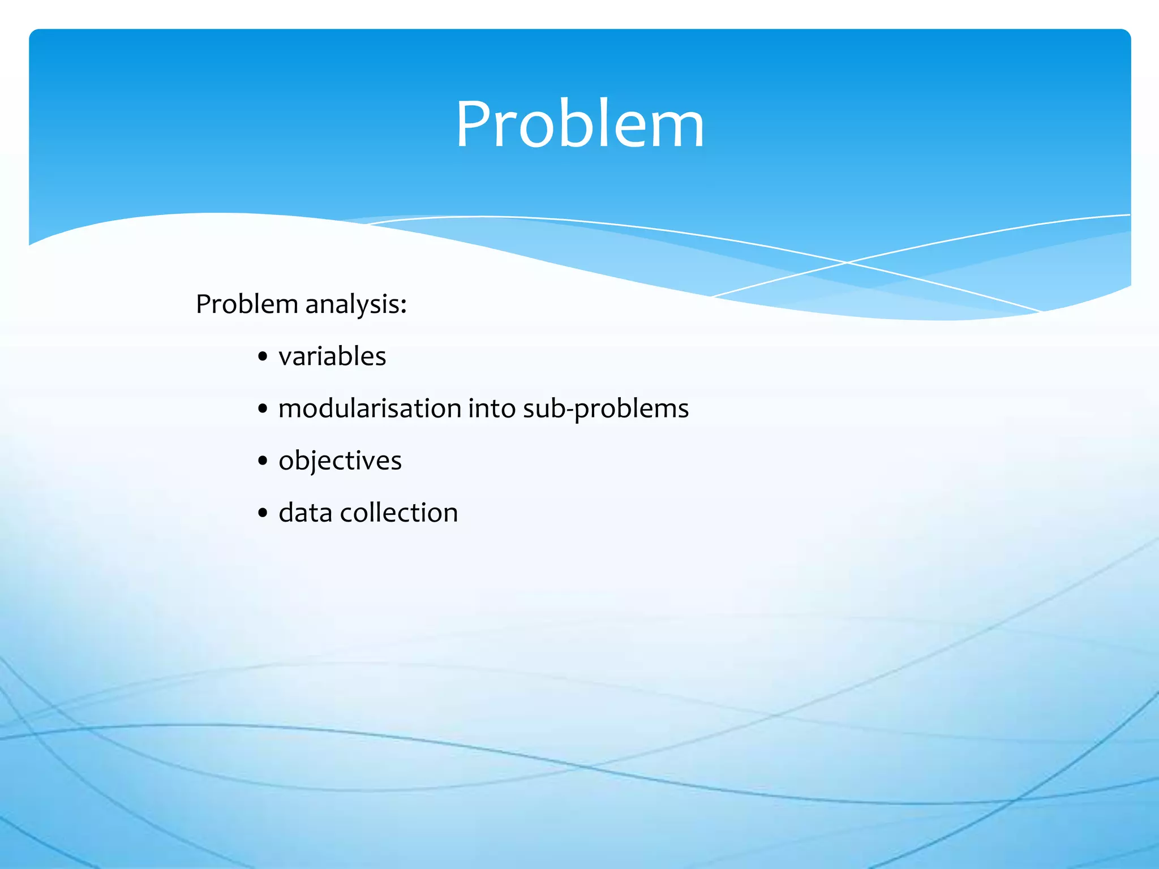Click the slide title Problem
579,124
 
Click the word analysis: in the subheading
355,304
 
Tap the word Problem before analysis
247,304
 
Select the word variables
332,356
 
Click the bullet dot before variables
262,358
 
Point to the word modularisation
370,408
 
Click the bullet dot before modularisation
262,409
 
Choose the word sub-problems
606,408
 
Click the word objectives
340,461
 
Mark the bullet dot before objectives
262,461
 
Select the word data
305,513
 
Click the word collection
398,513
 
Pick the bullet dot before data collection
262,513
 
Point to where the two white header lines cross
847,263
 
